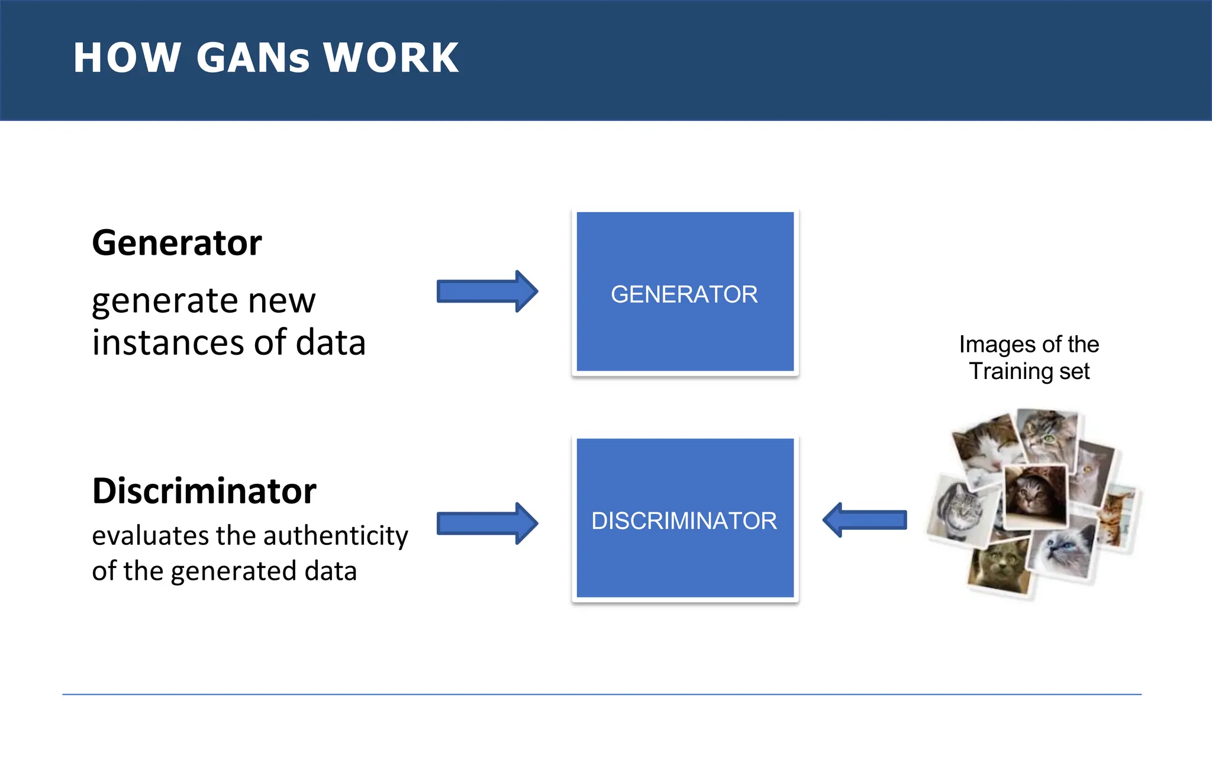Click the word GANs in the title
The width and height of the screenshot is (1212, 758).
(x=253, y=58)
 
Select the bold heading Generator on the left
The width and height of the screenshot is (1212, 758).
(x=176, y=243)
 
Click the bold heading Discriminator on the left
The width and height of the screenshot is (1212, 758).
(x=204, y=491)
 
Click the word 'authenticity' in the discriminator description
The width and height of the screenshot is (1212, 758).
(x=336, y=536)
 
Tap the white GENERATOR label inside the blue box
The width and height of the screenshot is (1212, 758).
(x=684, y=294)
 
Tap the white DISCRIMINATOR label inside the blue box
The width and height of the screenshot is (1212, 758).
(x=684, y=521)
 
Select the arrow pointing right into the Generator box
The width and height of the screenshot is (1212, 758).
(x=486, y=291)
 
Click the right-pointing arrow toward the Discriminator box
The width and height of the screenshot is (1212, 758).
(x=486, y=523)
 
